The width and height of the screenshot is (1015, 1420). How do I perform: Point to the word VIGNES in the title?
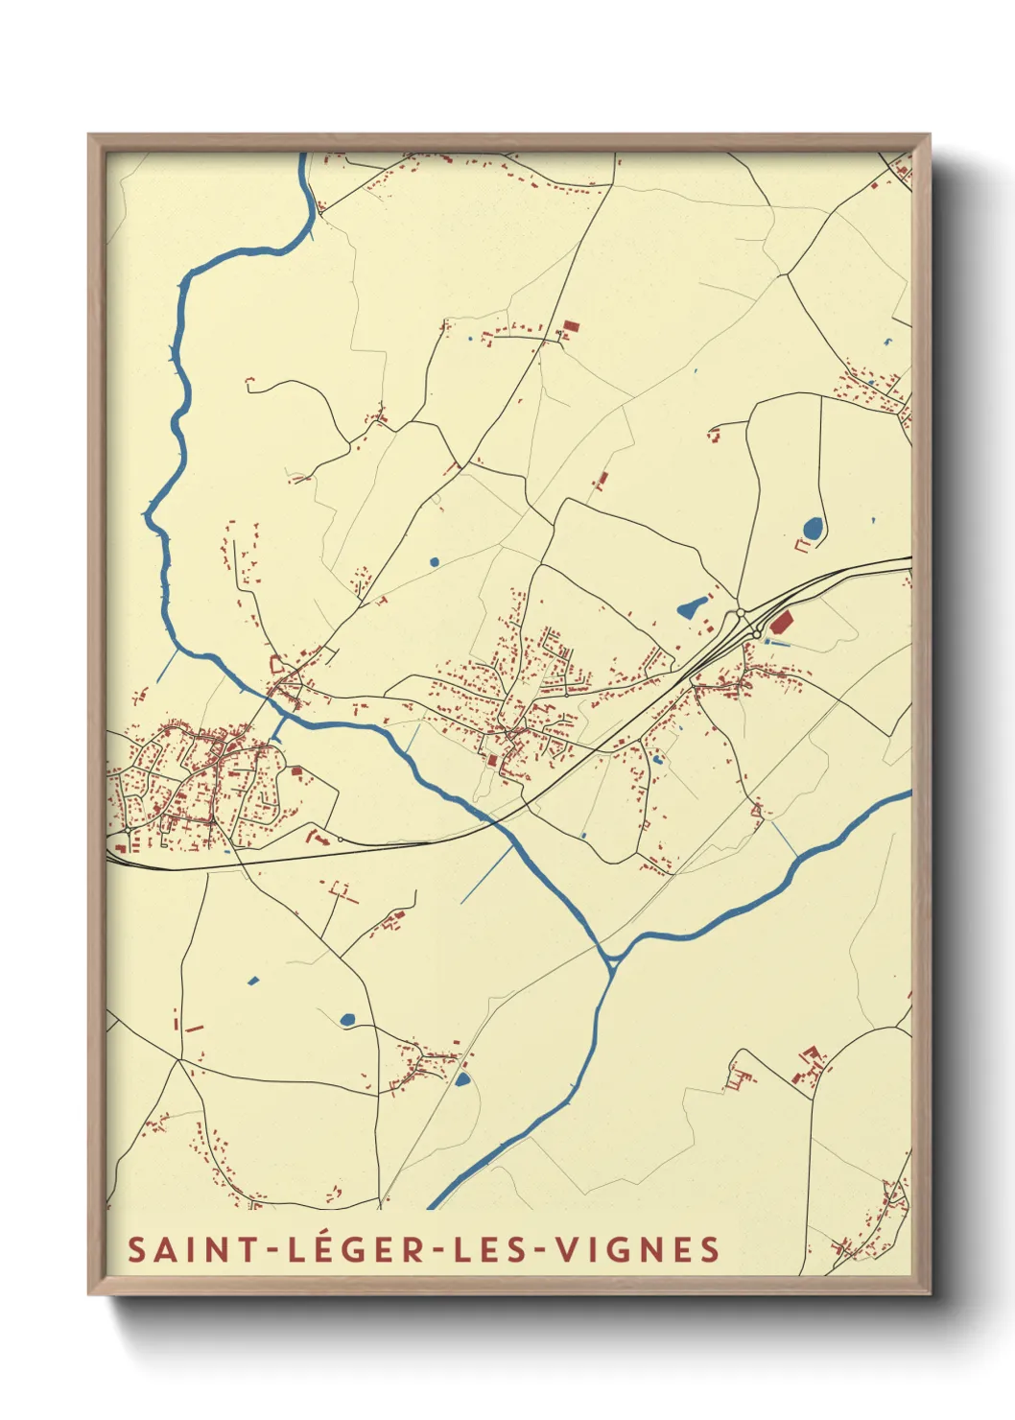638,1249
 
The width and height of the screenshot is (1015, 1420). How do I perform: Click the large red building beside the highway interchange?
782,622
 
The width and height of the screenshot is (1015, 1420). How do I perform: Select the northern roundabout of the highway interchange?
741,612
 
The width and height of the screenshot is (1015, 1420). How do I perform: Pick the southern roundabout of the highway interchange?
757,634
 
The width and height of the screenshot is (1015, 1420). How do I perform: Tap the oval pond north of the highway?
813,528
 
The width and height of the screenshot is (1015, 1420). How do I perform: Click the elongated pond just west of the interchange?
692,606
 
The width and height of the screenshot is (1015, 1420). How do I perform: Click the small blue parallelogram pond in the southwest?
253,981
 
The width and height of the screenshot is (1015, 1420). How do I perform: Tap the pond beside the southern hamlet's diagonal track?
462,1079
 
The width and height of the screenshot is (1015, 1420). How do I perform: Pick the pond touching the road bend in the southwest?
347,1019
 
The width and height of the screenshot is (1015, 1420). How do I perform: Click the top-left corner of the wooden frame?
89,135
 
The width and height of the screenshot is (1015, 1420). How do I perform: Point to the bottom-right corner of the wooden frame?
929,1292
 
